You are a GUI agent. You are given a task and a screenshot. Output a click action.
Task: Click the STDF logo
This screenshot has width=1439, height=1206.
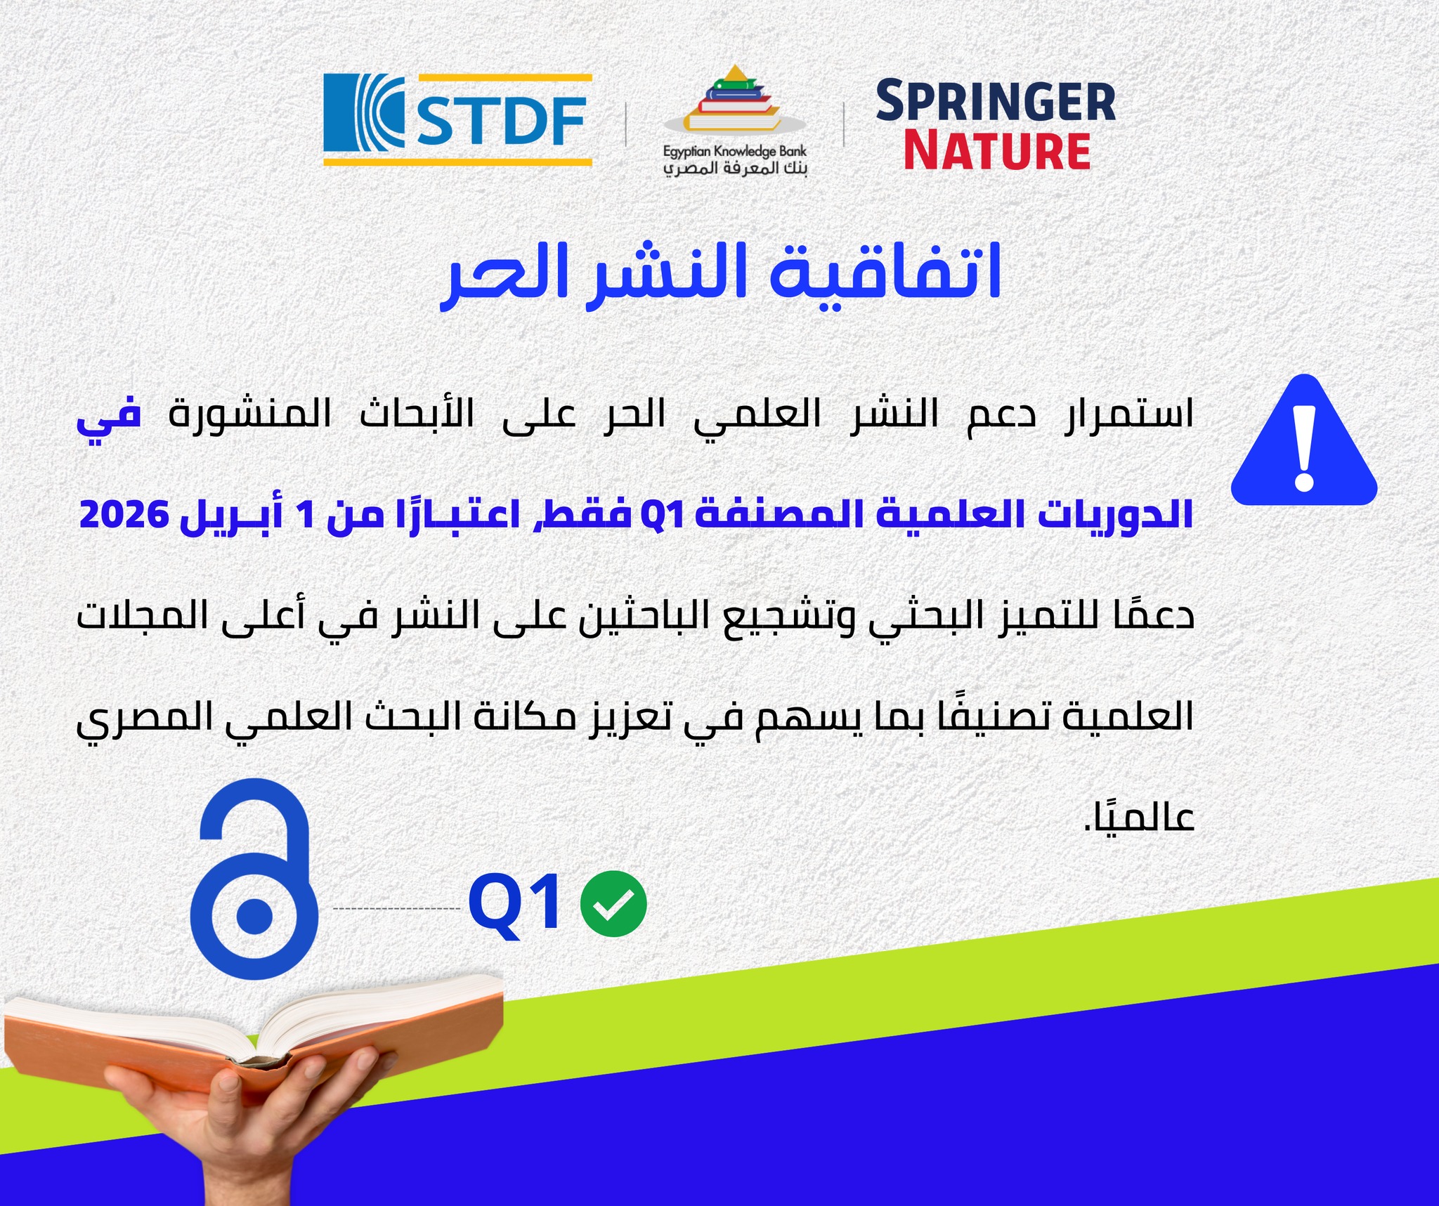457,120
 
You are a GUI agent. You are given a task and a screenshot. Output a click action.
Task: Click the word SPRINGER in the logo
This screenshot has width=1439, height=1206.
995,102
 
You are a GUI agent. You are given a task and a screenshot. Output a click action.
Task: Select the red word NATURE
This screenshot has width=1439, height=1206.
996,151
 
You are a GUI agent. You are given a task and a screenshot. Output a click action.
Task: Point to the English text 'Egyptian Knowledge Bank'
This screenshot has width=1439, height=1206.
734,151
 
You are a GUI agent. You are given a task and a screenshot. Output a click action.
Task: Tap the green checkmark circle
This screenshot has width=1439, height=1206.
613,903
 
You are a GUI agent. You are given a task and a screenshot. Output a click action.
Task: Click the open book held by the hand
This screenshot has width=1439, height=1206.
253,1033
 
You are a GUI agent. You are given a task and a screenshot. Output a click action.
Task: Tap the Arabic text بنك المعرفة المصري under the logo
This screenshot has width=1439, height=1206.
735,169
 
